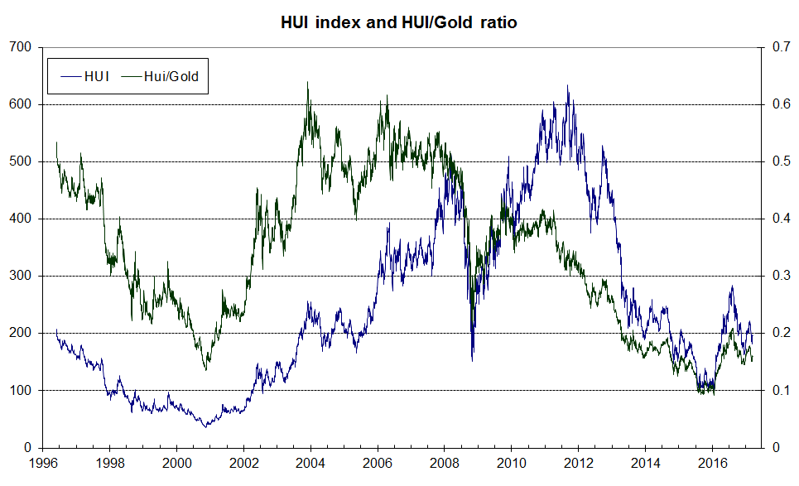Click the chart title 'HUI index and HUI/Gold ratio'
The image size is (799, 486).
pos(399,23)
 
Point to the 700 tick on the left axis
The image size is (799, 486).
pos(22,48)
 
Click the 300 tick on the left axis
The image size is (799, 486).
pos(22,276)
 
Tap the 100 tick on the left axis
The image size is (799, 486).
pos(22,390)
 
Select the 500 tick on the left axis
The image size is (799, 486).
pos(22,162)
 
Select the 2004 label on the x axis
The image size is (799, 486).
pos(310,464)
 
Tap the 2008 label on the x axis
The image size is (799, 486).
pos(445,464)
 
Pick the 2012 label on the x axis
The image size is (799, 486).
pos(579,464)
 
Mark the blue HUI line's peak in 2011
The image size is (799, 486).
pos(568,85)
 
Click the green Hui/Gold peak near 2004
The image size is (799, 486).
pos(308,82)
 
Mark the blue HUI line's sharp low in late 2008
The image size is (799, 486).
pos(473,360)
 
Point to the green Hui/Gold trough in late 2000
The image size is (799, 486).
pos(206,370)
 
